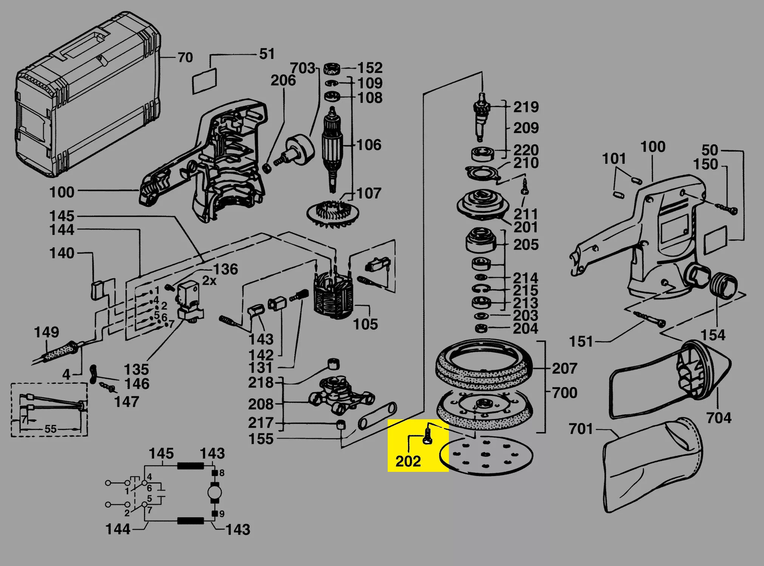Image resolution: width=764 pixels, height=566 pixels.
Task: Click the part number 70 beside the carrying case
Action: (185, 57)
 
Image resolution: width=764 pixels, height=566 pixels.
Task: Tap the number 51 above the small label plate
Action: (267, 54)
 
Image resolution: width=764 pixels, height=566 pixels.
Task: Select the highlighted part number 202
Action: (408, 461)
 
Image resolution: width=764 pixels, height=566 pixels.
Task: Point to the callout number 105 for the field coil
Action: (365, 324)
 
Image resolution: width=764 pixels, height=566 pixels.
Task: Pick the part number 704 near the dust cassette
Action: (719, 418)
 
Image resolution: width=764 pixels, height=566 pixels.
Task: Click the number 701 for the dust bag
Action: (581, 429)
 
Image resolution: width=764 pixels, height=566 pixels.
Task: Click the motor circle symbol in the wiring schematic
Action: (215, 493)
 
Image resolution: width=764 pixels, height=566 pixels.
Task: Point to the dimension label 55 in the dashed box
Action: (51, 429)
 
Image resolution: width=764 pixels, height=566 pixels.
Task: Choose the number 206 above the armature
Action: (283, 80)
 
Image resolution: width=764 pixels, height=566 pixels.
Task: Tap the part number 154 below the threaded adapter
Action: (713, 335)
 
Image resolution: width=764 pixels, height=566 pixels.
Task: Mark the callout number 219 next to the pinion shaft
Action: (526, 107)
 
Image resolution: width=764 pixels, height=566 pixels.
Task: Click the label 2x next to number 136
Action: (209, 281)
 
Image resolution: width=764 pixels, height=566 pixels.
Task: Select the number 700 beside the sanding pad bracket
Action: (564, 393)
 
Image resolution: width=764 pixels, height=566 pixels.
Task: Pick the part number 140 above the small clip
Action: (62, 253)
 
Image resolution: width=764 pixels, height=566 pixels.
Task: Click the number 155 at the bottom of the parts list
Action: (261, 439)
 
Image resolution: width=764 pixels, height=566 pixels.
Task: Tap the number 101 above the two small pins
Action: (614, 159)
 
